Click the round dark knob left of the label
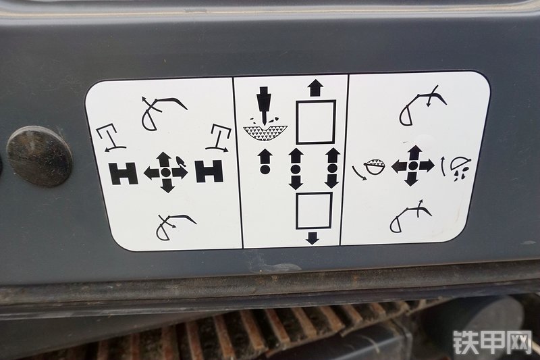[x=40, y=156]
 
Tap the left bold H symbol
[x=124, y=174]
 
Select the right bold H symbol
[x=209, y=170]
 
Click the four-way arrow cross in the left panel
[x=166, y=172]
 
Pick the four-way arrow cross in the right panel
[x=413, y=165]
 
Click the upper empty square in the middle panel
[x=316, y=122]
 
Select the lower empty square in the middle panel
[x=314, y=211]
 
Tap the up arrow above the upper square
[x=315, y=88]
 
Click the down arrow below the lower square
[x=312, y=238]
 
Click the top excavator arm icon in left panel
[x=163, y=113]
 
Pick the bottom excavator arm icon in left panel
[x=175, y=226]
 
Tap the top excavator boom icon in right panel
[x=423, y=105]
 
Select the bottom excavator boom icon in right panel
[x=410, y=216]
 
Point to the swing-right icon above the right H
[x=219, y=137]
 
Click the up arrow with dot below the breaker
[x=265, y=161]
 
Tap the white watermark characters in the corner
[x=493, y=342]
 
